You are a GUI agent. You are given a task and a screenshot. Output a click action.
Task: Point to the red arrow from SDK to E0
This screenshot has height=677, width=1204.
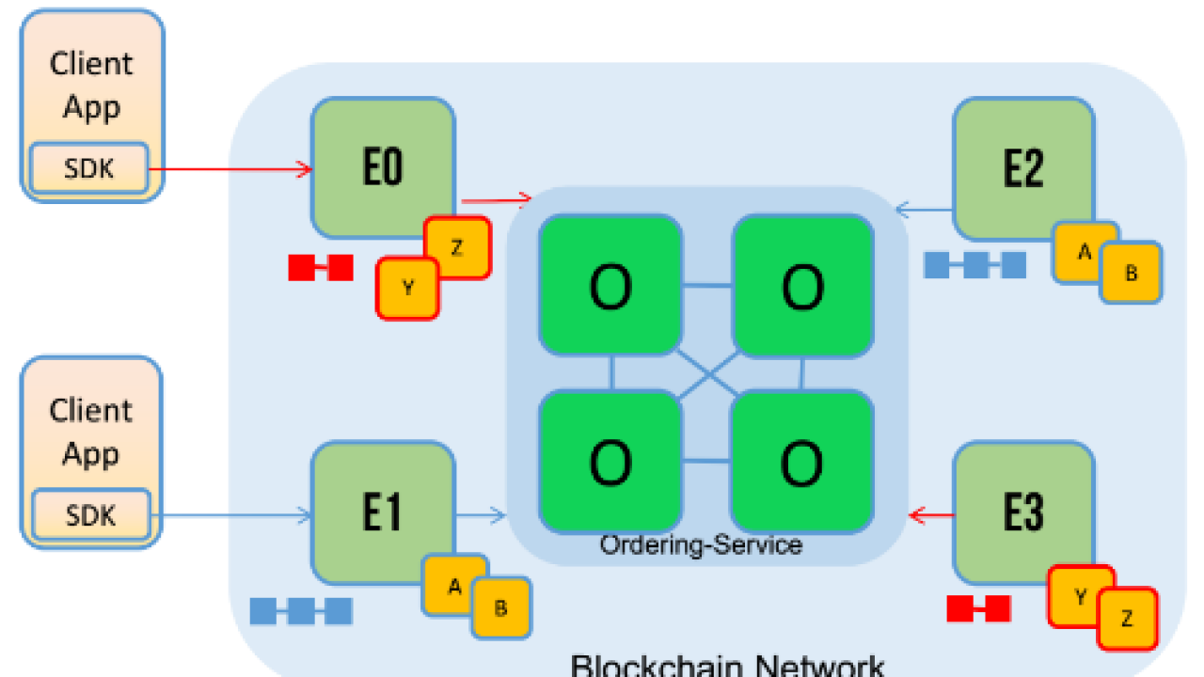[x=230, y=169]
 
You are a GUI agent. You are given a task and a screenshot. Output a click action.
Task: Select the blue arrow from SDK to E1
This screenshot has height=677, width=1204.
[x=230, y=514]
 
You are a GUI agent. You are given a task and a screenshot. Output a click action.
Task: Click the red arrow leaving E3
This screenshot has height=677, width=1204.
[x=931, y=514]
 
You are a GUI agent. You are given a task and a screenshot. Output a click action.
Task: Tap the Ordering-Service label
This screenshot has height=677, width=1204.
[x=701, y=544]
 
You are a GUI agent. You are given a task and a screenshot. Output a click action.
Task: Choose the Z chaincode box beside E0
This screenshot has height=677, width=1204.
[x=457, y=247]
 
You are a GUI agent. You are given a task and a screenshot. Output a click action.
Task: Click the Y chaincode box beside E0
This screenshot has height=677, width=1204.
[x=407, y=289]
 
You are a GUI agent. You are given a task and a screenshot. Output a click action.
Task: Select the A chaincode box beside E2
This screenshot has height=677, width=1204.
[x=1084, y=251]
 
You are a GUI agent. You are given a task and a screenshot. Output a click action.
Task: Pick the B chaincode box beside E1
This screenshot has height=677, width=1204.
[x=501, y=606]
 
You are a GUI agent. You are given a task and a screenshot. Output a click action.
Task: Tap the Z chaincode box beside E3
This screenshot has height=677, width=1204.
[x=1127, y=619]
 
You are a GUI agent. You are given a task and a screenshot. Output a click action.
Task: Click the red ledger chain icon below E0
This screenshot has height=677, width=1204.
[x=321, y=268]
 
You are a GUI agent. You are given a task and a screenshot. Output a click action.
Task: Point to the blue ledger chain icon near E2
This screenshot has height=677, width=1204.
[x=974, y=265]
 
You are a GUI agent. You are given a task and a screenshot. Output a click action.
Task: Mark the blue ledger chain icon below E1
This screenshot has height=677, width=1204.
[x=301, y=611]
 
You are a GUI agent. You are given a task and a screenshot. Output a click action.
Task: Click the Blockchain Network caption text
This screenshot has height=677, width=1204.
[x=727, y=665]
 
